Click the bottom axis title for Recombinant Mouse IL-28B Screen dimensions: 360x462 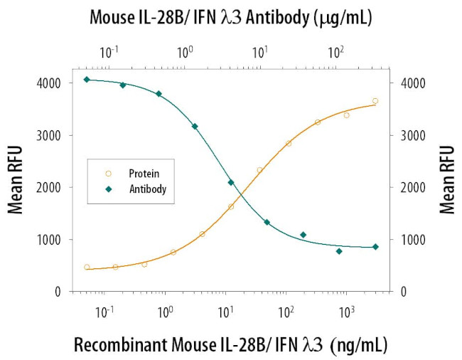[x=231, y=345]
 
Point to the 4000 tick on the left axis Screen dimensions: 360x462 [x=49, y=83]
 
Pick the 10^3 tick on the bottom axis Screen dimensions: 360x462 [x=346, y=312]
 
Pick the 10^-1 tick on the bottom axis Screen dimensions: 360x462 [x=104, y=312]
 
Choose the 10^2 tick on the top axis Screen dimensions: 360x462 [x=335, y=53]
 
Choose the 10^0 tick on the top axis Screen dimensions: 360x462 [x=185, y=53]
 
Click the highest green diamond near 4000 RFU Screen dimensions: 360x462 [x=86, y=80]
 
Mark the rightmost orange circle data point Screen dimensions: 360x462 [x=375, y=101]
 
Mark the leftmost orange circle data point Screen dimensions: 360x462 [x=87, y=268]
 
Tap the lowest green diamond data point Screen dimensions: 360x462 [x=339, y=251]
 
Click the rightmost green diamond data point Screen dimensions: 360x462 [x=375, y=247]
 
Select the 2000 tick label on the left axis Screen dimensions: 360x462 [x=49, y=187]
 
